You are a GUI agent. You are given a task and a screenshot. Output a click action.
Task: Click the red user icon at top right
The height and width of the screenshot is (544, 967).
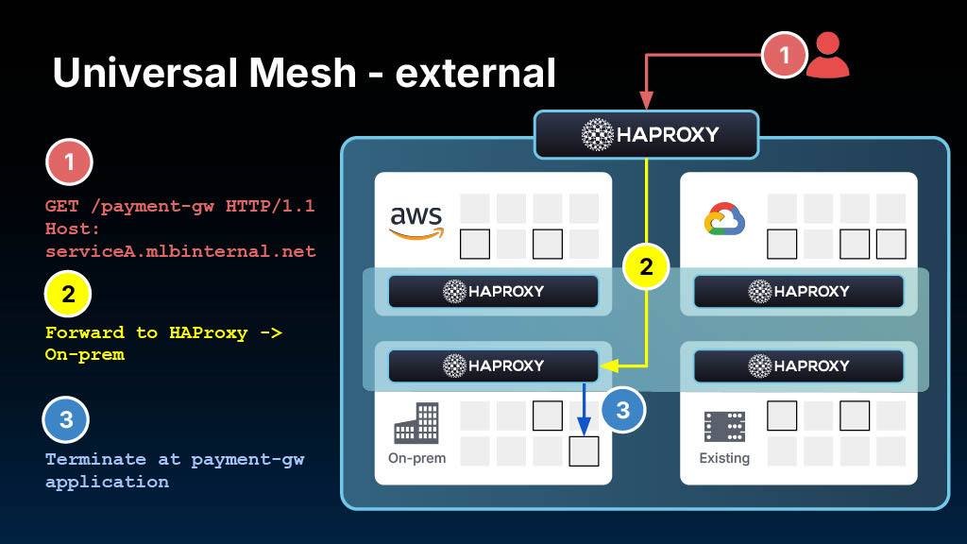click(x=828, y=56)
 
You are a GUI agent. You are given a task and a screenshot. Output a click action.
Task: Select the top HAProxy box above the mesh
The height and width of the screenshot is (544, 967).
click(x=647, y=134)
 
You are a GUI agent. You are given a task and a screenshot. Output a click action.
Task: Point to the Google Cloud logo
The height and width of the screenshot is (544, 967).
click(x=724, y=219)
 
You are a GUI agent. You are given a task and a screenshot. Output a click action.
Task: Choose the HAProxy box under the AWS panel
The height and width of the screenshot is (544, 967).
click(x=494, y=291)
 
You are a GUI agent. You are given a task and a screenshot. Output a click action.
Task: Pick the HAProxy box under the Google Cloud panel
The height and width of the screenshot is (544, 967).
click(x=799, y=291)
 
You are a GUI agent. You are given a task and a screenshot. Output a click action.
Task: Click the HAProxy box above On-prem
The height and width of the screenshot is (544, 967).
click(x=494, y=365)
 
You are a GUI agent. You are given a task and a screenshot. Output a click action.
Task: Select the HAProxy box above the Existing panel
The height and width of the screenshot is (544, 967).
click(x=799, y=365)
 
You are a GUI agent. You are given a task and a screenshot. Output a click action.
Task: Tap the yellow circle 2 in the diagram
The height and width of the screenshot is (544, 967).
click(x=646, y=267)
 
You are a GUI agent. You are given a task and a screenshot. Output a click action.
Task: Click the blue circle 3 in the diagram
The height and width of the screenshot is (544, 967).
click(x=622, y=410)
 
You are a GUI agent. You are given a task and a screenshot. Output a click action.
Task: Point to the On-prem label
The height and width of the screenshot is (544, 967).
click(x=416, y=458)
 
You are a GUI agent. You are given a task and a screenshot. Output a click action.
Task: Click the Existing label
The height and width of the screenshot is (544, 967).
click(x=724, y=458)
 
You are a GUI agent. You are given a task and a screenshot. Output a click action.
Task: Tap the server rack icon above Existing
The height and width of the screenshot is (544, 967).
click(x=724, y=427)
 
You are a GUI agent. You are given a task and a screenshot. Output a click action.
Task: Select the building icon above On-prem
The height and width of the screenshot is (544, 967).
click(x=416, y=423)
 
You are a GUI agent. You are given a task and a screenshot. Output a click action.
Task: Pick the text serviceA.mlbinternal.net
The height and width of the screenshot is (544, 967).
click(x=180, y=251)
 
